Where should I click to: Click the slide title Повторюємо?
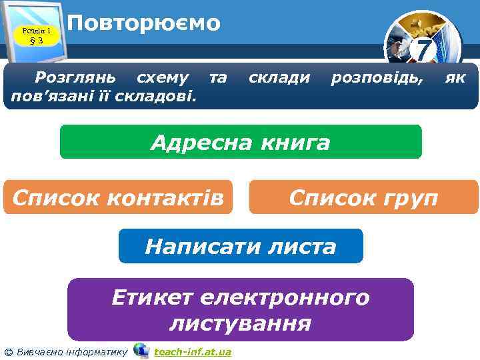pos(144,23)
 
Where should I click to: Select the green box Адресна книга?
pos(241,142)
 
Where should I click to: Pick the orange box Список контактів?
pos(118,197)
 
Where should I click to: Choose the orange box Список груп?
pos(363,197)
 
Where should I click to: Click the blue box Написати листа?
pos(241,247)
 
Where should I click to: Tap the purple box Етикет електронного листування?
pos(241,310)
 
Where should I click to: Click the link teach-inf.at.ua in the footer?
pos(192,351)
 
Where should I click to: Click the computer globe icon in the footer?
pos(141,350)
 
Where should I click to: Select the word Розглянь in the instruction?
pos(74,79)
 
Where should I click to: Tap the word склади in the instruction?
pos(279,79)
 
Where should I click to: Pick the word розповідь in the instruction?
pos(377,79)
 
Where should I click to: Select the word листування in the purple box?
pos(241,324)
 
